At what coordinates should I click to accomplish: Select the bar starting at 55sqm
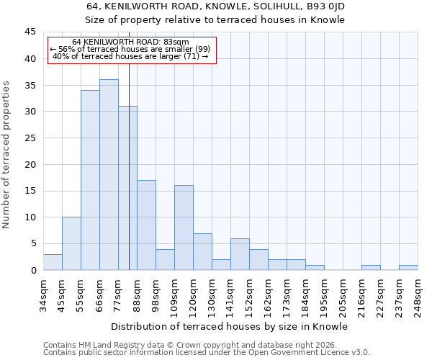pos(90,180)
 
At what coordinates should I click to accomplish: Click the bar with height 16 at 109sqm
pos(184,228)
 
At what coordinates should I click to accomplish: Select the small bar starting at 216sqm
pos(371,267)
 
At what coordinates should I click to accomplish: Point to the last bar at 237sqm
pos(408,267)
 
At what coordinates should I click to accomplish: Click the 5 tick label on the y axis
pos(32,243)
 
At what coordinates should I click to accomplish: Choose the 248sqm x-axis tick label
pos(418,294)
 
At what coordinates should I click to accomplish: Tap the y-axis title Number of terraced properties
pos(6,155)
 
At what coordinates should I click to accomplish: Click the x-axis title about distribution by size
pos(230,326)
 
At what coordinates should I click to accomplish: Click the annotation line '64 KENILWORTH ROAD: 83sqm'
pos(130,42)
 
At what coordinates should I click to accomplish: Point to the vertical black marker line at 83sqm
pos(129,180)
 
